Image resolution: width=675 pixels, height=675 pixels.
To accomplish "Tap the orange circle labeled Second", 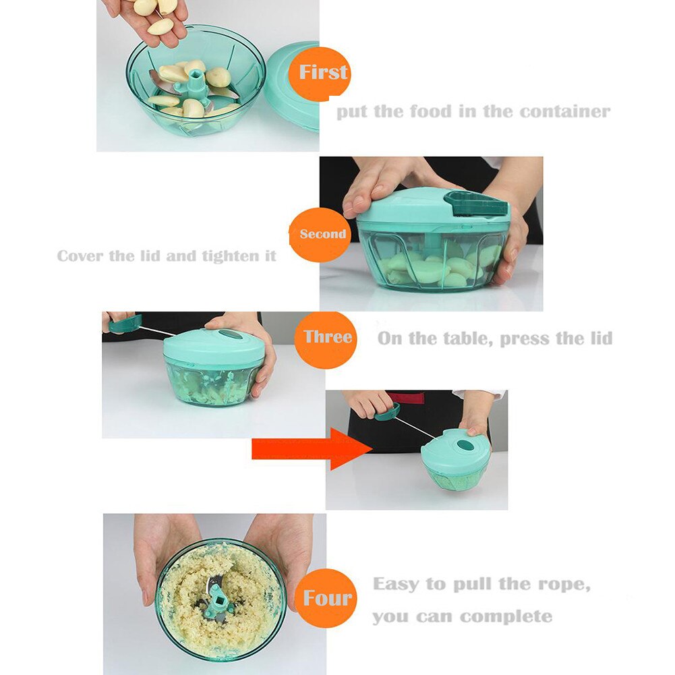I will click(322, 234).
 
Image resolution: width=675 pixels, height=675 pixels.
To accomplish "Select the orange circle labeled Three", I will click(327, 337).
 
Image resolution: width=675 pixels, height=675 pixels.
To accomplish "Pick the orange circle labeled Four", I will click(327, 597).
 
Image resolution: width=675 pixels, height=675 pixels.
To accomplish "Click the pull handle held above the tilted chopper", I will click(388, 411).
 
